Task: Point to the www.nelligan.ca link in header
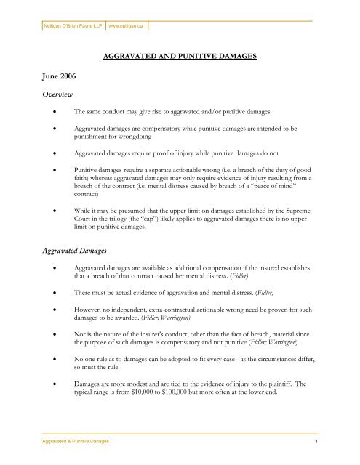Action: (127, 24)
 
